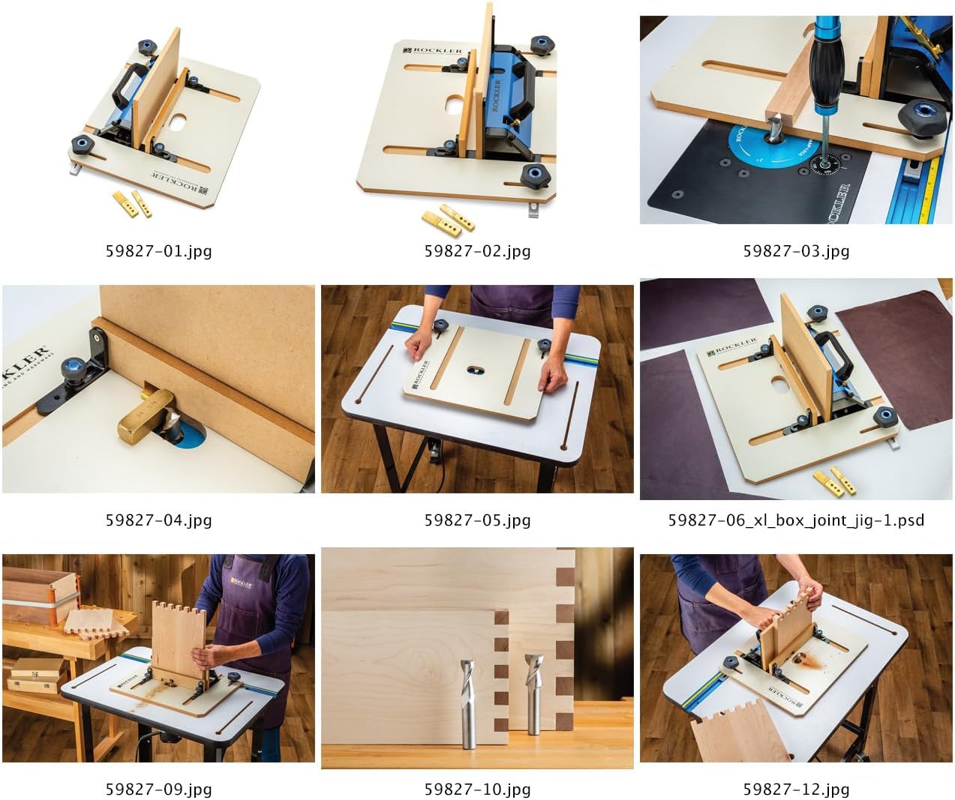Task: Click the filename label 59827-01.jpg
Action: click(158, 250)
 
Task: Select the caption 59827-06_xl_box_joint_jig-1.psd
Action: click(796, 520)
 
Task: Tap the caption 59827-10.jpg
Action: click(477, 789)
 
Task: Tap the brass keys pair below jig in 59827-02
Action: click(447, 217)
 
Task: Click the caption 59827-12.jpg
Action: click(796, 789)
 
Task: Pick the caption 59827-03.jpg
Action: click(796, 250)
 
